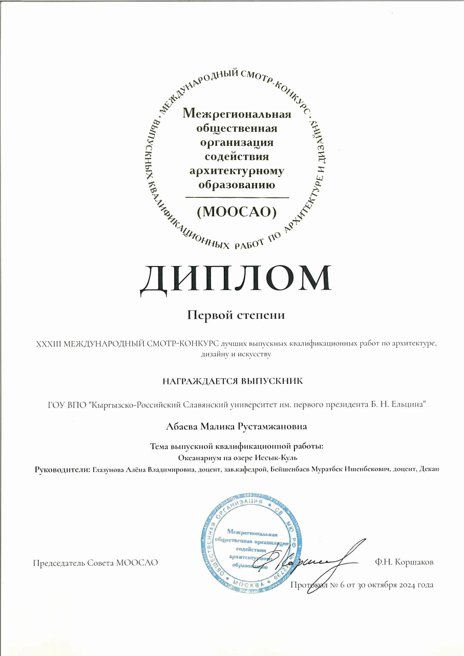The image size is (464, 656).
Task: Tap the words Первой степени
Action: (236, 315)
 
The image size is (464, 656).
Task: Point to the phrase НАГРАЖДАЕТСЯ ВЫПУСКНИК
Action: (233, 381)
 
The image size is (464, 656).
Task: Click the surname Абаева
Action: (182, 426)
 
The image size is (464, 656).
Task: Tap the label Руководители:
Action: (62, 469)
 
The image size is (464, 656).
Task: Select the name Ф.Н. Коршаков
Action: (404, 562)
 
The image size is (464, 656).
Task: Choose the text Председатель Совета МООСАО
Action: (95, 562)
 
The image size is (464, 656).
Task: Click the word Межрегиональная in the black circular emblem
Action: (237, 114)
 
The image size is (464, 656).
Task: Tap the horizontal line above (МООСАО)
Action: (237, 197)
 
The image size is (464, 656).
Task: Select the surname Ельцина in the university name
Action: (410, 405)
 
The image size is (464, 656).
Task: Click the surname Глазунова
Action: (109, 469)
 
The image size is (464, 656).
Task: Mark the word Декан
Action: (429, 469)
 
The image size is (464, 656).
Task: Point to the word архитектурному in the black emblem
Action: (237, 171)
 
